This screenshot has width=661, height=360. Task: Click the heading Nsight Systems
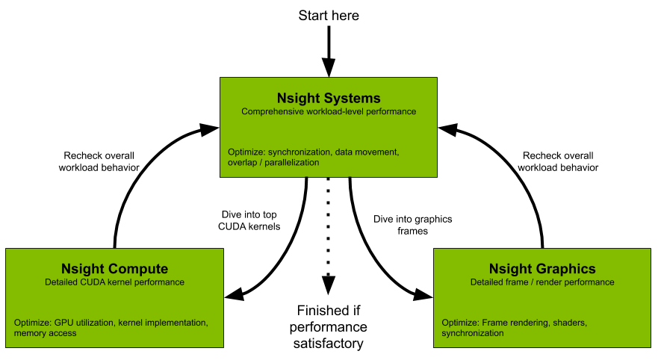[329, 98]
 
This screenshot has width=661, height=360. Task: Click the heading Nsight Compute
[114, 269]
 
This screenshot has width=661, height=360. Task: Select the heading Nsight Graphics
[542, 269]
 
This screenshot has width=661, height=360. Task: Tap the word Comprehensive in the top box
[270, 111]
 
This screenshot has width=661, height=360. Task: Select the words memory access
[45, 333]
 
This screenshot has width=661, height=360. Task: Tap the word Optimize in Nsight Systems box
[246, 152]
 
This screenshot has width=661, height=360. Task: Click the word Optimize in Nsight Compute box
[32, 323]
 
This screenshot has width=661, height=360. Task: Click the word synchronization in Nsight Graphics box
[473, 333]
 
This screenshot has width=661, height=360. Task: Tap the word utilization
[92, 323]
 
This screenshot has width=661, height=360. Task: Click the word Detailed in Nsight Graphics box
[488, 282]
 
